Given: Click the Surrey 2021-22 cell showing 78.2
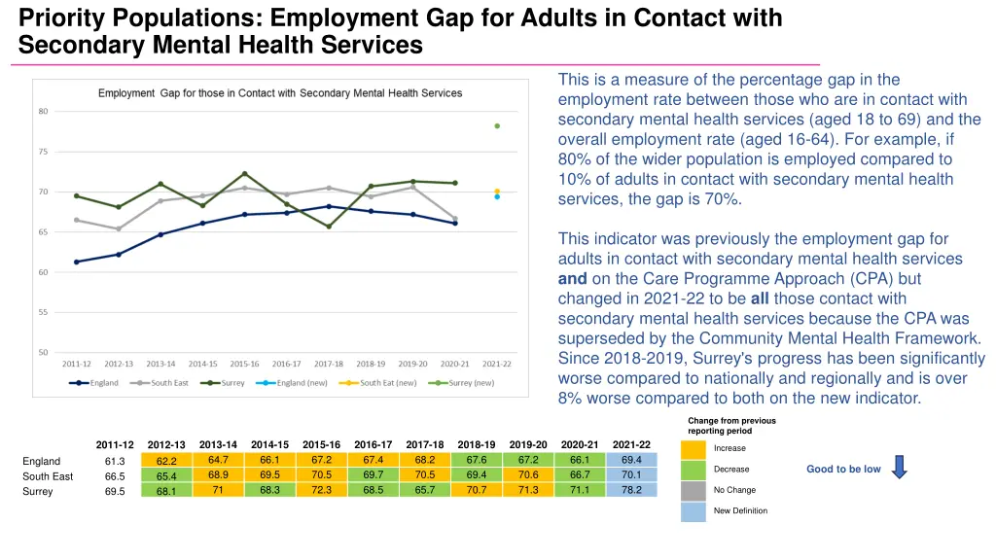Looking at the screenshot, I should pos(631,490).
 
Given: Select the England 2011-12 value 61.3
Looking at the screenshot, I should pos(115,462).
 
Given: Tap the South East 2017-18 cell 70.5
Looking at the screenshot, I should pos(425,474).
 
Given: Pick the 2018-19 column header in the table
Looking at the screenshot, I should pos(477,444).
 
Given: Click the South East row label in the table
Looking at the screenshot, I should pos(48,476).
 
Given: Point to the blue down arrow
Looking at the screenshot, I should pos(899,468).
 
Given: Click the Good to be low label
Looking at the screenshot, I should pos(843,469).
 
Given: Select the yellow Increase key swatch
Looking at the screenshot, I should pos(694,449).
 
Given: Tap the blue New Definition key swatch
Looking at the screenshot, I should pos(694,511).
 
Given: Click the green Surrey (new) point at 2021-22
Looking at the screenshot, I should pos(497,126).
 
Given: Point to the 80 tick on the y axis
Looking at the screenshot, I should pos(43,111).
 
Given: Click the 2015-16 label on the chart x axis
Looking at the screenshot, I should pos(244,364).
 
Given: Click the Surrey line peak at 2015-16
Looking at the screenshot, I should pos(245,174).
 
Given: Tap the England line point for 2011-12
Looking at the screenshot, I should pos(77,262).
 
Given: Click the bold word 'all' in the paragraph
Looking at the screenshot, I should pos(760,298).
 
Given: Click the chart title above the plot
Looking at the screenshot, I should pos(280,93).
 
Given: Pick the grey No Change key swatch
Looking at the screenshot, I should pos(694,491).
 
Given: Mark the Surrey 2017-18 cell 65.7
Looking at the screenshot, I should pos(425,490).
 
